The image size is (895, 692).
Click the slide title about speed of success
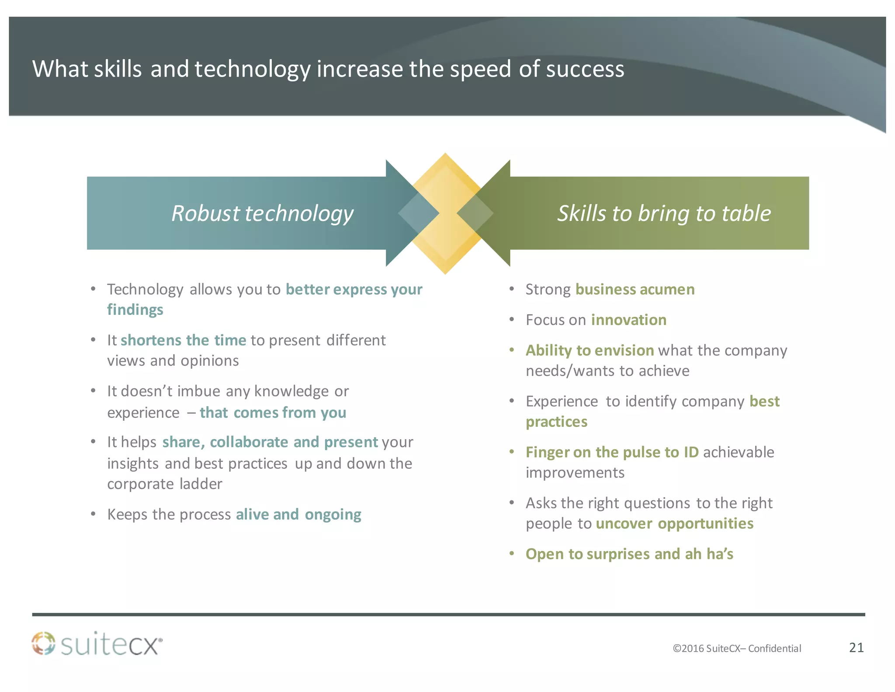pyautogui.click(x=328, y=69)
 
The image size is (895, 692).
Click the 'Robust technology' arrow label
pyautogui.click(x=262, y=213)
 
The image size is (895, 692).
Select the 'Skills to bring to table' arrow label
pyautogui.click(x=663, y=213)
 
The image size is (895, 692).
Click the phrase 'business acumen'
pyautogui.click(x=635, y=290)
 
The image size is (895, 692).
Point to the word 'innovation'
pyautogui.click(x=628, y=320)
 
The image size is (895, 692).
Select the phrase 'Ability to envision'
pyautogui.click(x=589, y=350)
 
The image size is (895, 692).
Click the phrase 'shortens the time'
pyautogui.click(x=183, y=340)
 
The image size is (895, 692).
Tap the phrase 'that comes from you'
pyautogui.click(x=273, y=412)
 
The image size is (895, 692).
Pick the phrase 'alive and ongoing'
pyautogui.click(x=298, y=514)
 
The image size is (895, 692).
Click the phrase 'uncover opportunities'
pyautogui.click(x=674, y=524)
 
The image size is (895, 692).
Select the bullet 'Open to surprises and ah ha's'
pyautogui.click(x=629, y=554)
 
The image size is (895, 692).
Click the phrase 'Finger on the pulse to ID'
pyautogui.click(x=612, y=452)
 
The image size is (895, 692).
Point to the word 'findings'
pyautogui.click(x=135, y=310)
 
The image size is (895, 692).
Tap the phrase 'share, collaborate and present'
pyautogui.click(x=270, y=442)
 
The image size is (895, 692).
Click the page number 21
pyautogui.click(x=856, y=647)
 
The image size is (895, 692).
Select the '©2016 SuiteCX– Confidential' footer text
pyautogui.click(x=736, y=648)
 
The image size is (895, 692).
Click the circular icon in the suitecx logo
pyautogui.click(x=44, y=643)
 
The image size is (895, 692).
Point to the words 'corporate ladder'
pyautogui.click(x=164, y=484)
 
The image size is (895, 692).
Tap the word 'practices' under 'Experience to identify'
pyautogui.click(x=556, y=422)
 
